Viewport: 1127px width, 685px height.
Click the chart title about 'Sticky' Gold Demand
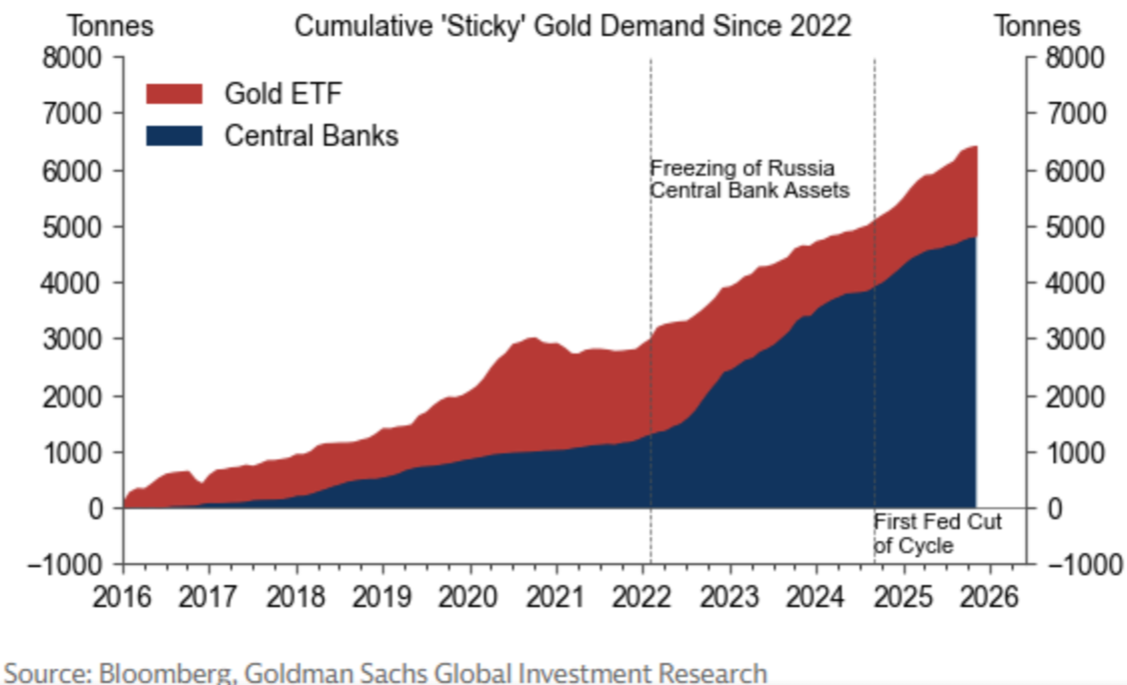pos(572,26)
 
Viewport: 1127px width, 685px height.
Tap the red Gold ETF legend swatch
pos(174,94)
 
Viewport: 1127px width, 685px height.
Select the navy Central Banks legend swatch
pos(174,135)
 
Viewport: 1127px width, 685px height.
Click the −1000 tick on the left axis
pos(70,564)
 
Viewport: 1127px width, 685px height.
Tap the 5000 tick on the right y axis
pos(1073,227)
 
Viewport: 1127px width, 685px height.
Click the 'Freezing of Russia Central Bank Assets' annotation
pos(748,178)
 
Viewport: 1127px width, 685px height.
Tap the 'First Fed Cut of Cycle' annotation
pos(936,533)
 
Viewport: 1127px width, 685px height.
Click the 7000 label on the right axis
pos(1073,114)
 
